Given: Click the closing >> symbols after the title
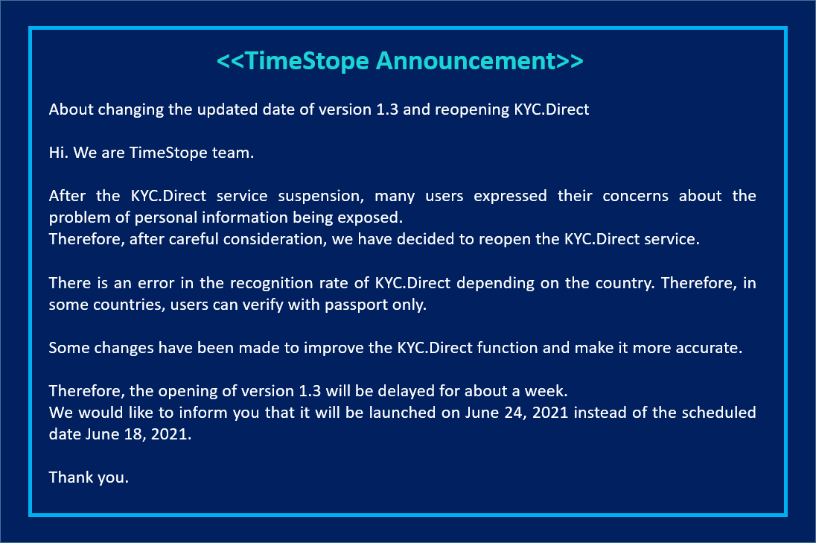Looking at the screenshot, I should pyautogui.click(x=571, y=61).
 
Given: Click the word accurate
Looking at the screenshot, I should pyautogui.click(x=710, y=348).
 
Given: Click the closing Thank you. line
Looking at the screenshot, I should pyautogui.click(x=89, y=477).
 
